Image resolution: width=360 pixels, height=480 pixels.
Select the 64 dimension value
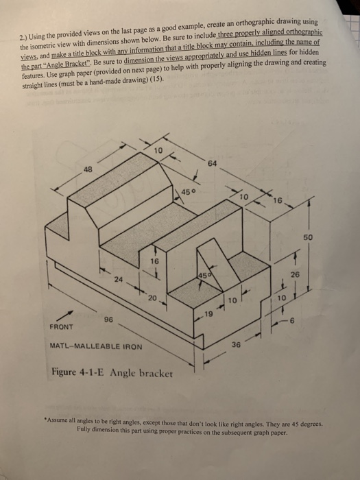pyautogui.click(x=213, y=163)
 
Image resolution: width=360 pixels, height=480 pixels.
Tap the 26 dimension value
pyautogui.click(x=294, y=275)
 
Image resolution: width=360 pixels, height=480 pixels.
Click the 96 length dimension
pyautogui.click(x=108, y=320)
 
